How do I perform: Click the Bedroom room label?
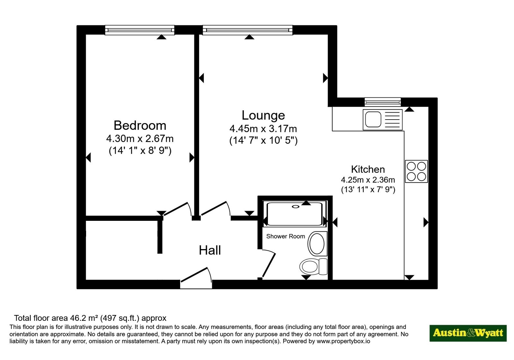[140, 125]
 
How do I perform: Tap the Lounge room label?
[263, 115]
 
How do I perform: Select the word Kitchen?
[368, 169]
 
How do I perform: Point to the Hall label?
[210, 250]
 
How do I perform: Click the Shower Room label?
[286, 236]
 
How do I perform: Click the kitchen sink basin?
[373, 119]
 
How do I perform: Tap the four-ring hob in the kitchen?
[416, 172]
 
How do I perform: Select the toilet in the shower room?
[314, 266]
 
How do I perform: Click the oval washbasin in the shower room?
[317, 244]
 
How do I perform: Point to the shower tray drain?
[296, 207]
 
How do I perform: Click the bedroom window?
[139, 30]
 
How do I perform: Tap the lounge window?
[248, 30]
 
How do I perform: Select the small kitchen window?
[383, 102]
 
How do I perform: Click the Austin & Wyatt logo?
[468, 333]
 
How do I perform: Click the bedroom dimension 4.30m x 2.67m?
[140, 139]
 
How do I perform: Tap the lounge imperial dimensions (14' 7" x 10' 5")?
[263, 140]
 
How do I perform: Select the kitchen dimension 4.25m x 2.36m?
[368, 180]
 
